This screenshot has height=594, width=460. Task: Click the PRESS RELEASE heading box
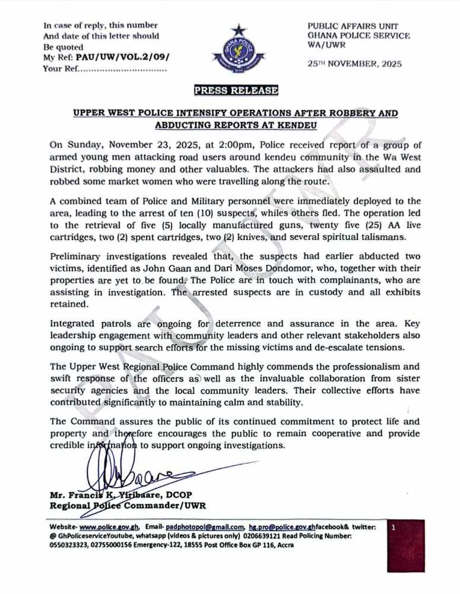point(236,90)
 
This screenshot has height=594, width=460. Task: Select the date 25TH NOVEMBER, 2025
point(354,64)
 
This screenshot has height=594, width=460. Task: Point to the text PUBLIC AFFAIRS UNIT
point(353,26)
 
